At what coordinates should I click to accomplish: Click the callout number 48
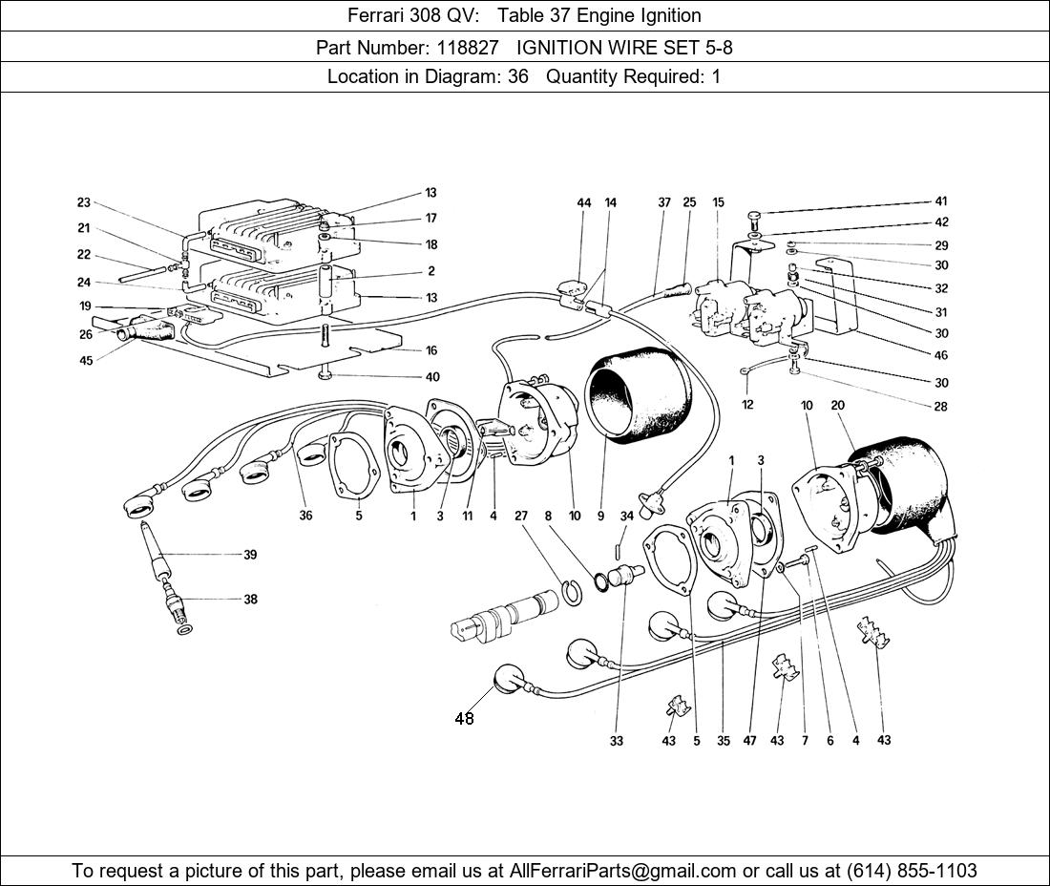pos(464,719)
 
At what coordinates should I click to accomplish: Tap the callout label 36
pos(305,516)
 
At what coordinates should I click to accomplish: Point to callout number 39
pos(250,555)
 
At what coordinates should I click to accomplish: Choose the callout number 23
pos(84,202)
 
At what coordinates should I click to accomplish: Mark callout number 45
pos(86,360)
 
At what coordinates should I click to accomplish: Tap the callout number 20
pos(838,406)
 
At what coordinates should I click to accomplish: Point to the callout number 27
pos(521,516)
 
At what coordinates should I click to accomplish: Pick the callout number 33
pos(617,741)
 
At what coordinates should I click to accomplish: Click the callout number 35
pos(724,741)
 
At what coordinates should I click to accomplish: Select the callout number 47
pos(751,741)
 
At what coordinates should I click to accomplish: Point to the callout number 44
pos(584,202)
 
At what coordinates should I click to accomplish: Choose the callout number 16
pos(431,350)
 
